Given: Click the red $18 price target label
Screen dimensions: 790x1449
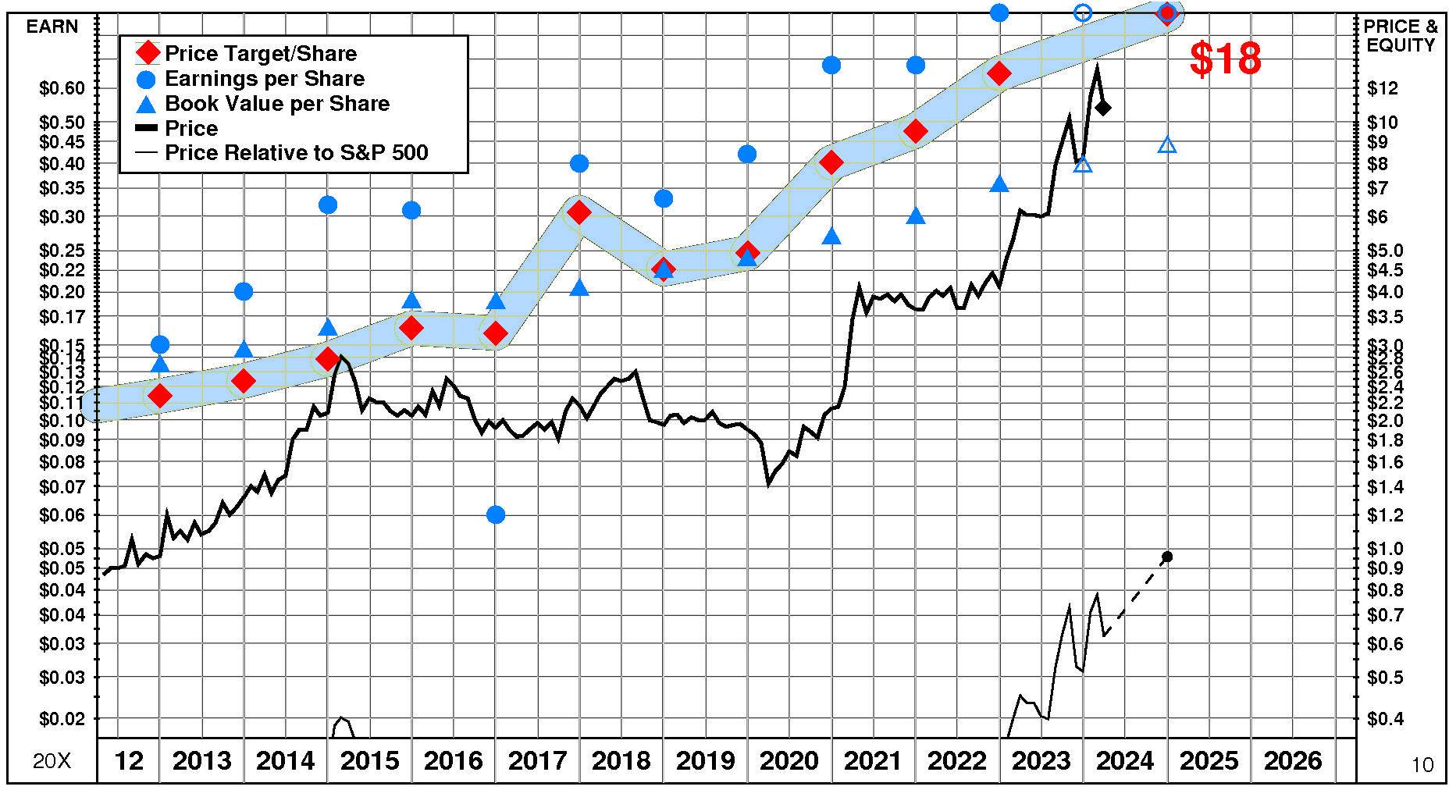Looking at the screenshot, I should pos(1225,59).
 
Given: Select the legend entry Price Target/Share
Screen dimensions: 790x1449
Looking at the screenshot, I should pos(260,53).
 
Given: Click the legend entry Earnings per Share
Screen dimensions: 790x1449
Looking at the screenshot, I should pos(264,79).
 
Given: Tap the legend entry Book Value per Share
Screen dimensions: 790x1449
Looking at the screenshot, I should pos(276,104).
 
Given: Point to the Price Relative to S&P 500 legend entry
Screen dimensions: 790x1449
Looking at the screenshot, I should pos(296,152).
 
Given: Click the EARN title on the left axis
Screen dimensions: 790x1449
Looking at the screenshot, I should pos(52,27).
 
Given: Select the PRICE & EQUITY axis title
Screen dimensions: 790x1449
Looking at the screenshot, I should pos(1401,36).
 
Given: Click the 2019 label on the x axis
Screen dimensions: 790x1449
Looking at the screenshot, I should pos(705,760).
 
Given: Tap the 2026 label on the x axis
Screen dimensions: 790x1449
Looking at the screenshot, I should pos(1293,760).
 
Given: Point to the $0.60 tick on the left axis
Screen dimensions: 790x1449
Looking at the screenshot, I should pos(62,88).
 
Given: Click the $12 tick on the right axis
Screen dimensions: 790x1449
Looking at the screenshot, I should pos(1383,88).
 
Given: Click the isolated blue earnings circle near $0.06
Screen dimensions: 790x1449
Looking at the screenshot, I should pos(496,514).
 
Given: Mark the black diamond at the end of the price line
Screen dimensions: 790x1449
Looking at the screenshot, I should pos(1103,108).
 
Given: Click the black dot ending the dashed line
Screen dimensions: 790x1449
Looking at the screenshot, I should pos(1167,557).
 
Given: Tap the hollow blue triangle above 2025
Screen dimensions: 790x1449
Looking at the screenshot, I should pos(1167,145).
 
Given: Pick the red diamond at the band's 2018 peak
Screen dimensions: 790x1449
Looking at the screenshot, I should pos(579,212).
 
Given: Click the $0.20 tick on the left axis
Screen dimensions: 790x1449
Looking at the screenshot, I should pos(62,292).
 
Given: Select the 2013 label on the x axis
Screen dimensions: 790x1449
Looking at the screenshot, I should pos(201,760).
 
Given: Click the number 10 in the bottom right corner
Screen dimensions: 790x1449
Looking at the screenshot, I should pos(1422,765).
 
